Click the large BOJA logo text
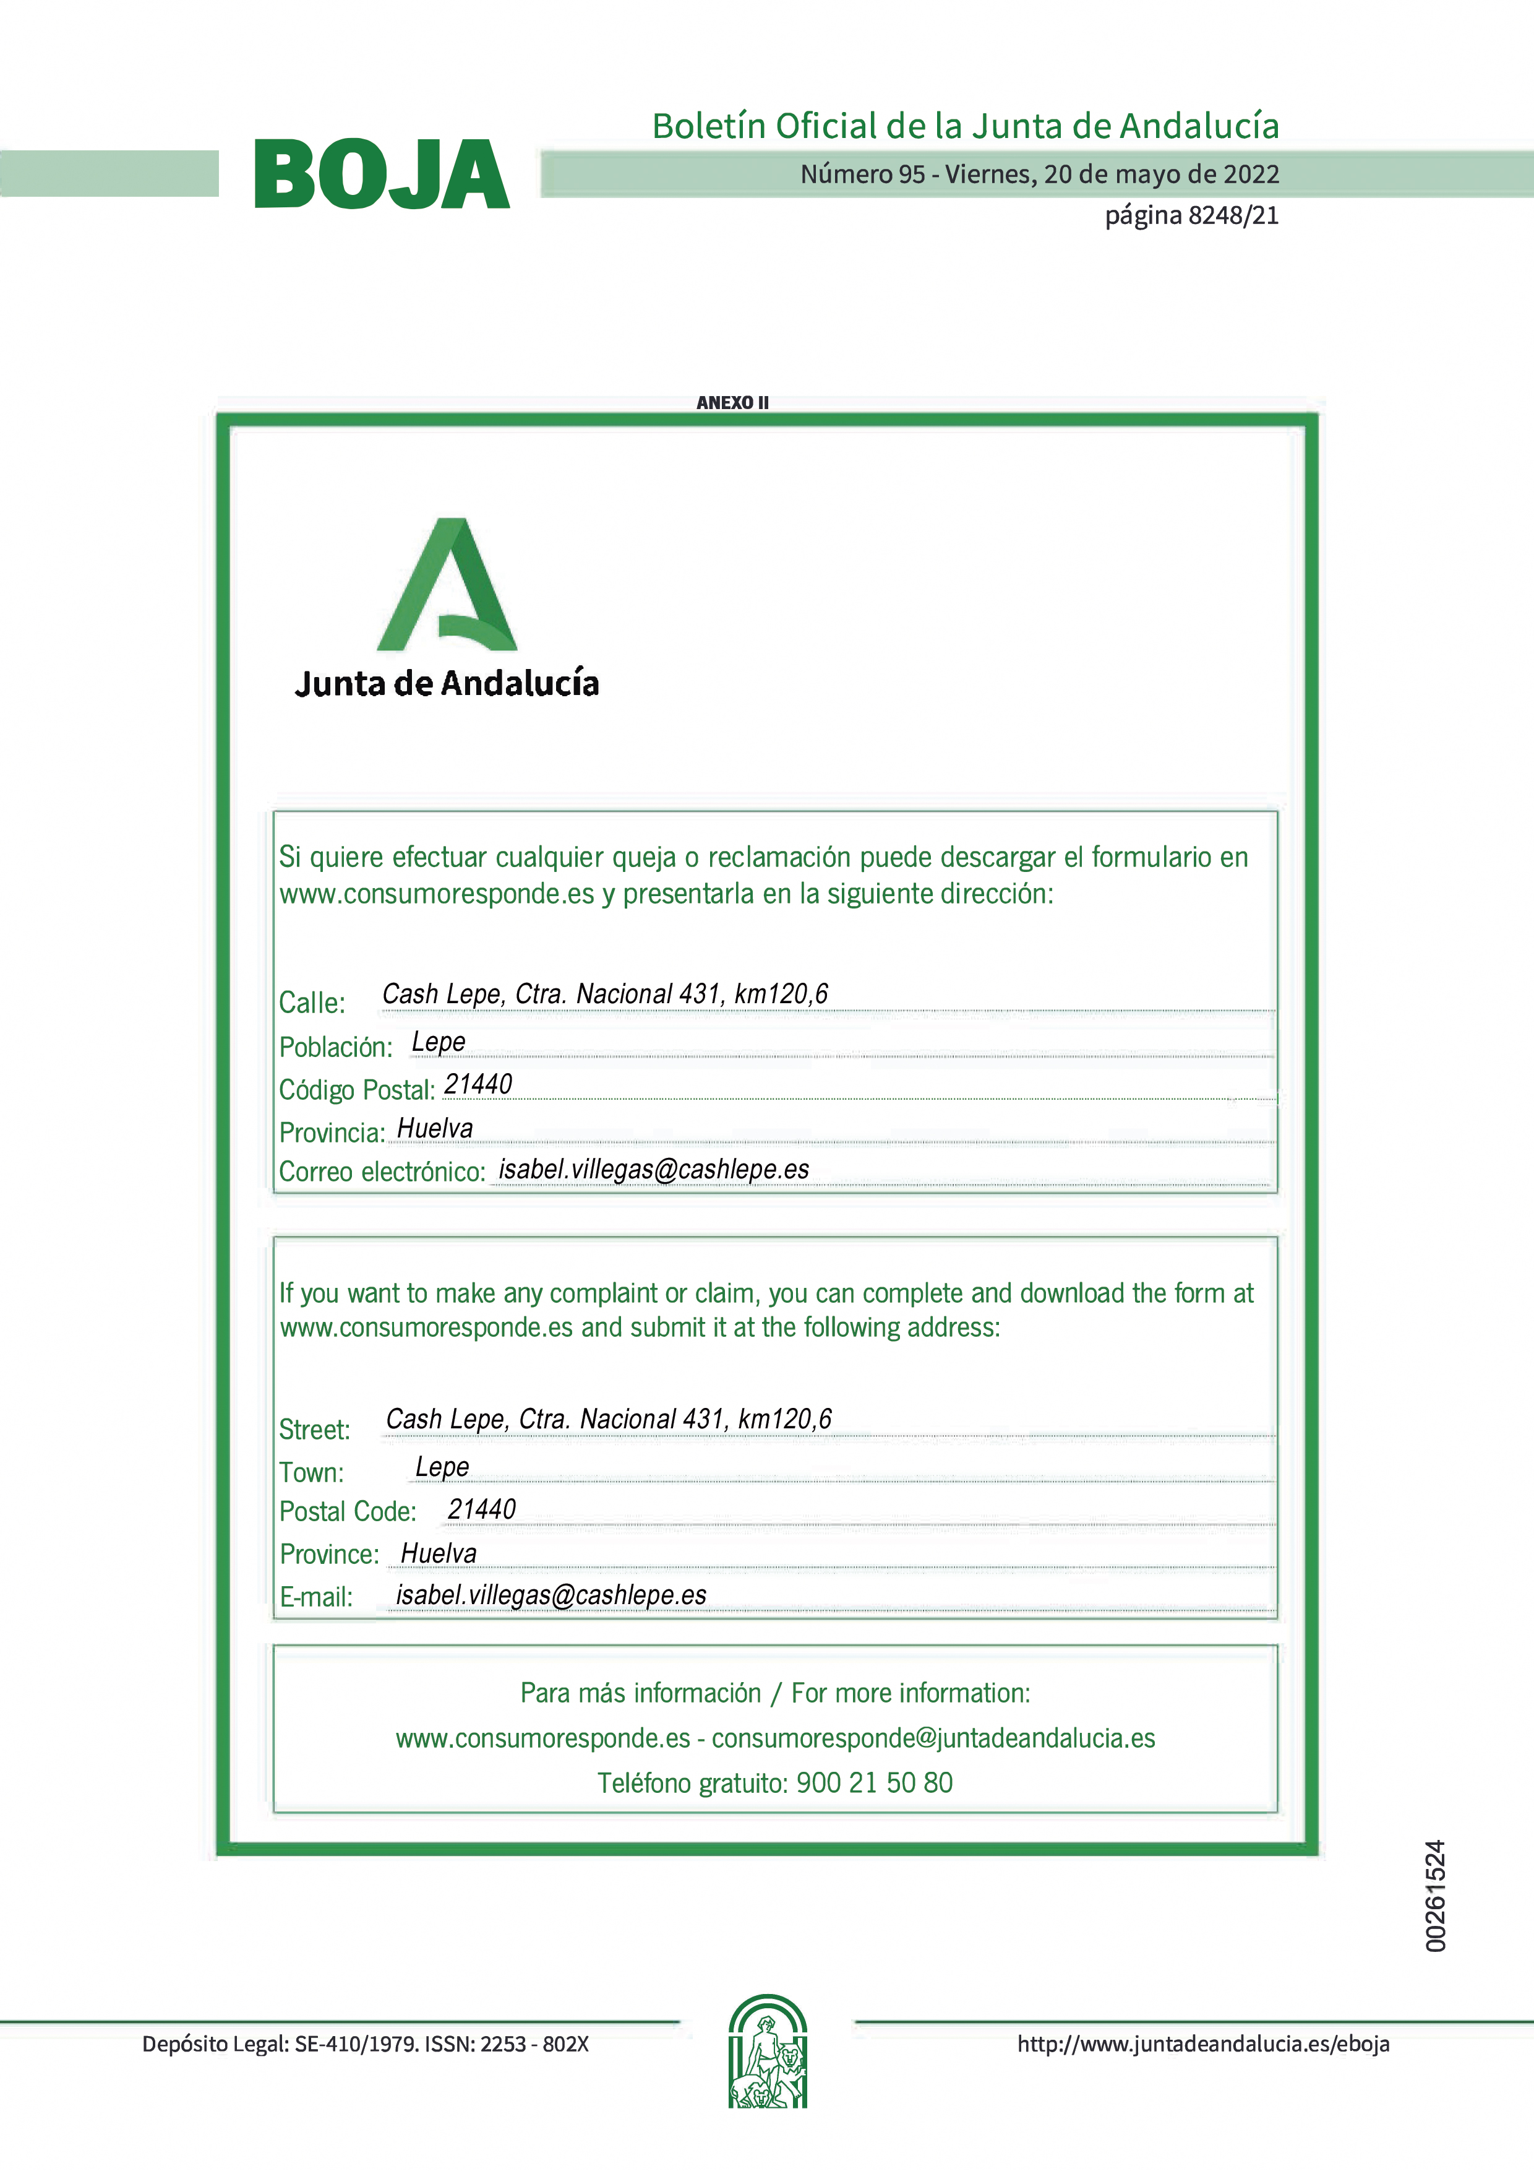[381, 175]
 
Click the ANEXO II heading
[732, 403]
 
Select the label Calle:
[312, 1003]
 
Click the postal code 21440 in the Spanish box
[478, 1084]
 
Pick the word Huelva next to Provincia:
[435, 1128]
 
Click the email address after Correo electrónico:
[654, 1170]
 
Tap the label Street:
[315, 1430]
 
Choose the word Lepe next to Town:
[442, 1467]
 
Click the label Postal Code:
[348, 1511]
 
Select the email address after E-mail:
[551, 1595]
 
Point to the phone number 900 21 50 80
[874, 1782]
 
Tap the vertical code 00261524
[1436, 1896]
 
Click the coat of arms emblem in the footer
[768, 2052]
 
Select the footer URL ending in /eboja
[1203, 2044]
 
